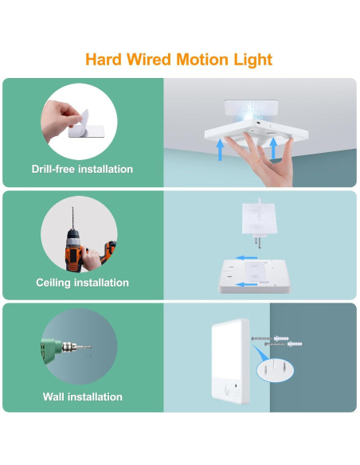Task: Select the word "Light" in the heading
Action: pyautogui.click(x=251, y=60)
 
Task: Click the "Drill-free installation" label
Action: pyautogui.click(x=82, y=169)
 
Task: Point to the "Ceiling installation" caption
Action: pyautogui.click(x=82, y=283)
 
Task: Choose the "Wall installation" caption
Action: pyautogui.click(x=82, y=397)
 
